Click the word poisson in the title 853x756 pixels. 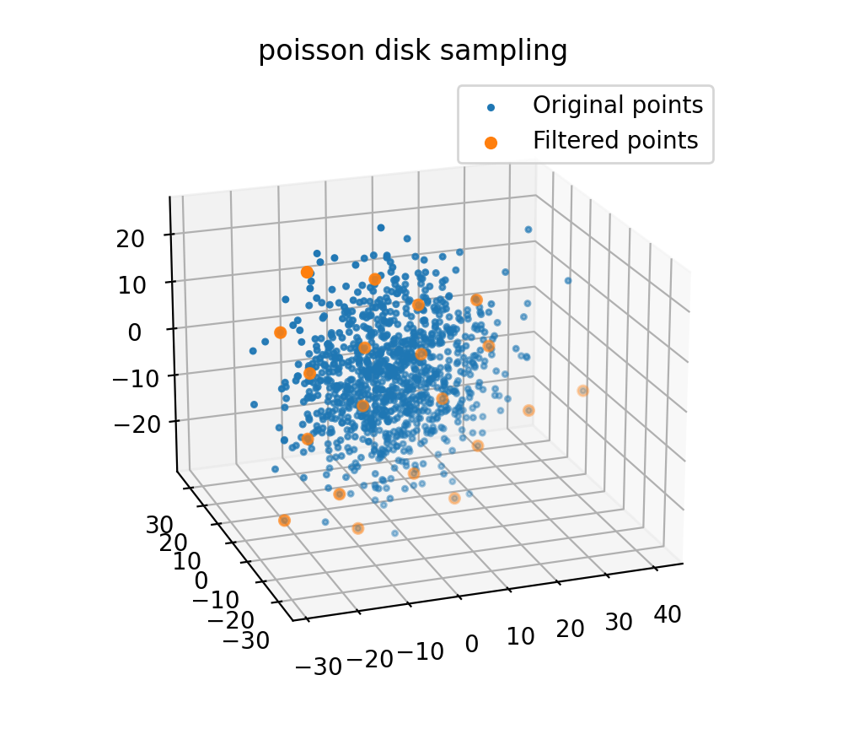(299, 51)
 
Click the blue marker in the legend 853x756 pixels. (491, 106)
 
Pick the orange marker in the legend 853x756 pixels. (491, 142)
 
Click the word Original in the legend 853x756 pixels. (569, 105)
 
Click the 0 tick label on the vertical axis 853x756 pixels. (135, 331)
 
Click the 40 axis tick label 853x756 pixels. (668, 614)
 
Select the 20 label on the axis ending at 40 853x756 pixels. (571, 629)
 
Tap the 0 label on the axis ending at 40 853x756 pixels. (471, 644)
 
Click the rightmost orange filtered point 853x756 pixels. (582, 391)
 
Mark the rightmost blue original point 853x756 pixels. (568, 281)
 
